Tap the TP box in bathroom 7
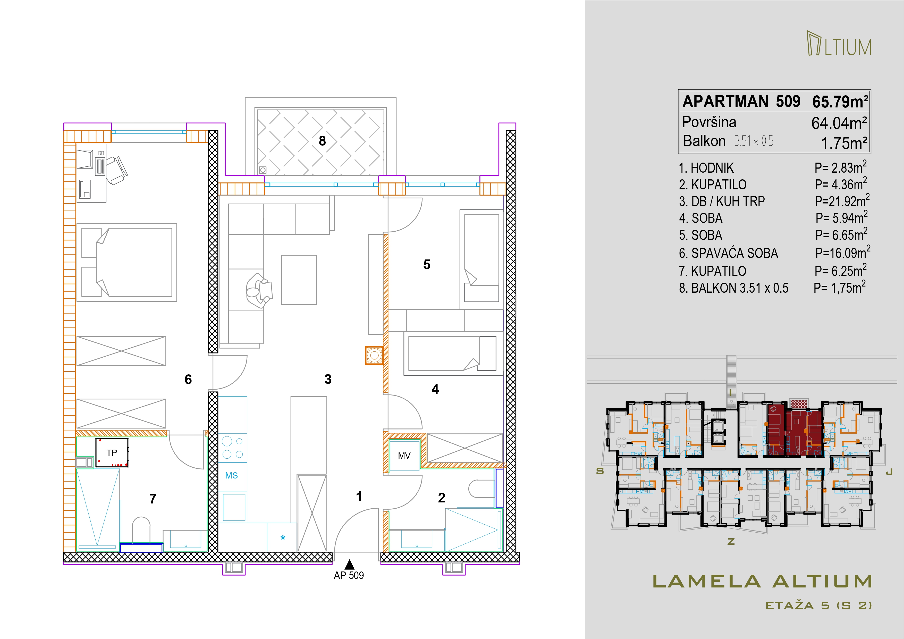click(112, 453)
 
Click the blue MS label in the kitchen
click(232, 476)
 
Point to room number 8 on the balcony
click(323, 141)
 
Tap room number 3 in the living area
click(328, 379)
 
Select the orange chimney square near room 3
click(374, 356)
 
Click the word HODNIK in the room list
click(712, 168)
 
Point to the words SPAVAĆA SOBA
click(735, 253)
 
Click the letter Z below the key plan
click(731, 542)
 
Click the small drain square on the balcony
click(263, 170)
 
